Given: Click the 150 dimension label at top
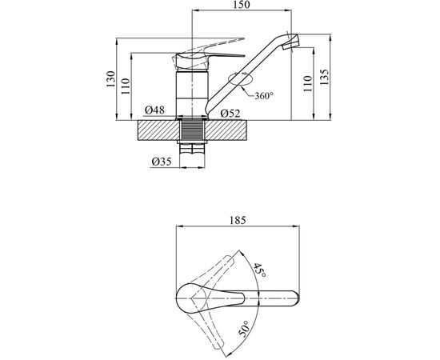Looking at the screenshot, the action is [x=242, y=5].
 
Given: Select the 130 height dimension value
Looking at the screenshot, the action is [x=110, y=79].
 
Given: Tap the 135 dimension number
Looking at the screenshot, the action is [x=324, y=77].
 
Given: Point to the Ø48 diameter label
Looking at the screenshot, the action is [x=154, y=110].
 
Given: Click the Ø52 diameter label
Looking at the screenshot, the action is [x=230, y=114].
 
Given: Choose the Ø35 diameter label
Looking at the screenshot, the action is [x=162, y=162].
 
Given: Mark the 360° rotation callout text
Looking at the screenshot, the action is [x=264, y=96].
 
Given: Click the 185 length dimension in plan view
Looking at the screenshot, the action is [x=238, y=220].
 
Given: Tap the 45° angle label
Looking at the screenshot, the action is [x=259, y=270].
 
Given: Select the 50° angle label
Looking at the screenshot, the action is [x=244, y=329].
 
